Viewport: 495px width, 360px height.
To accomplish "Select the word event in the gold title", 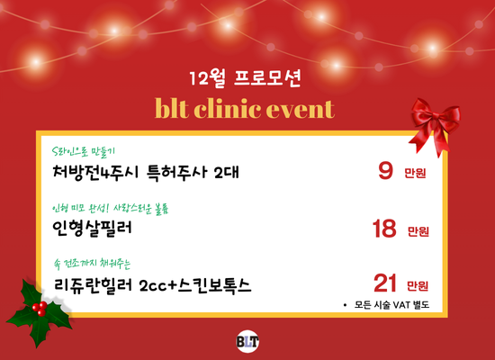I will [x=302, y=109].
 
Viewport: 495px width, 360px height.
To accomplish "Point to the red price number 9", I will [x=386, y=170].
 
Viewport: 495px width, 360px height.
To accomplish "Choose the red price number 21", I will [x=385, y=284].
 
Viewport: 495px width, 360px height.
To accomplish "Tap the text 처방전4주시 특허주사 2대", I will [x=148, y=170].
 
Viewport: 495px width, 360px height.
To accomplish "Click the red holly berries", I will [x=39, y=308].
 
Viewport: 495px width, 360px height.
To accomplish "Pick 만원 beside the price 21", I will [x=418, y=286].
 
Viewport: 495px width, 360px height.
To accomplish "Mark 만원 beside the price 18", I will [x=418, y=231].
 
